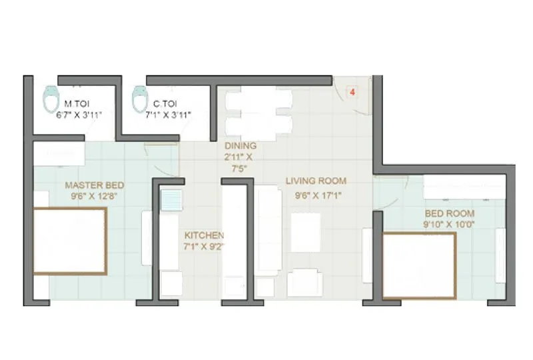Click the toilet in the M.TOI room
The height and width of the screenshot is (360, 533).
point(49,99)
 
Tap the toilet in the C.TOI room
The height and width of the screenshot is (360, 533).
point(139,99)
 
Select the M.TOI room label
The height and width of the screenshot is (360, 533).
point(77,104)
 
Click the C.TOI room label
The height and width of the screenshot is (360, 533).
point(164,104)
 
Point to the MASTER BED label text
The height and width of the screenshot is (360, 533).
point(94,185)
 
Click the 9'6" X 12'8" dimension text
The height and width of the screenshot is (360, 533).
point(94,196)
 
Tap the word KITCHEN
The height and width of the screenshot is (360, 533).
point(204,235)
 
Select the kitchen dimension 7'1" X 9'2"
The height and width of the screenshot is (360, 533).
point(204,247)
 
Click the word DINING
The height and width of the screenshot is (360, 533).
point(240,146)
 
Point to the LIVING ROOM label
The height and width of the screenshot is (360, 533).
point(316,181)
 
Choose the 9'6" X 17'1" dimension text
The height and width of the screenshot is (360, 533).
point(316,196)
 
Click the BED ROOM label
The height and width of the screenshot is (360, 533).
point(450,213)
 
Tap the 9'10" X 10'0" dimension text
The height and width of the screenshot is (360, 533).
point(450,225)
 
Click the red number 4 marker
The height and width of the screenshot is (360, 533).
point(352,91)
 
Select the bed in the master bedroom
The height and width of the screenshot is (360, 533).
point(69,241)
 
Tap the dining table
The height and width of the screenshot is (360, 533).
point(258,113)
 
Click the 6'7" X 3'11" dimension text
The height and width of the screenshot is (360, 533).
point(79,115)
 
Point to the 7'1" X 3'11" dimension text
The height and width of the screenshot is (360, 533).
point(167,115)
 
